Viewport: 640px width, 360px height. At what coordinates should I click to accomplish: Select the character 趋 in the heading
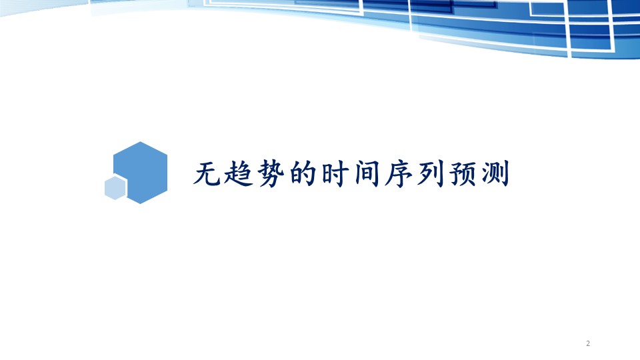click(x=239, y=173)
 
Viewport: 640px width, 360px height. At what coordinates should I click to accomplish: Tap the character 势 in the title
click(x=271, y=173)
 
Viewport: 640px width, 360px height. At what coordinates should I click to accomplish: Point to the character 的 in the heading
click(x=303, y=173)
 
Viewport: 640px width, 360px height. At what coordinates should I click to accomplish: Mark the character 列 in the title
click(x=431, y=173)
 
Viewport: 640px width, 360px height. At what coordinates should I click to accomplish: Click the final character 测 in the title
click(x=495, y=173)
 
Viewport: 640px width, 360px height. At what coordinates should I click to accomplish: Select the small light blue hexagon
click(x=115, y=188)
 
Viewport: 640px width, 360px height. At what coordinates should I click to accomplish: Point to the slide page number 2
click(x=588, y=343)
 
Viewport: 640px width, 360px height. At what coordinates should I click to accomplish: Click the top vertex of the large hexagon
click(x=141, y=141)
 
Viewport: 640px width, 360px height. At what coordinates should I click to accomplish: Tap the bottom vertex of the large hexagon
click(x=141, y=204)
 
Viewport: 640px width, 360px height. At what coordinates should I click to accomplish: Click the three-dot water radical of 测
click(x=485, y=174)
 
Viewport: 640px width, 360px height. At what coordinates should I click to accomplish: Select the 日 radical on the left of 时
click(x=327, y=173)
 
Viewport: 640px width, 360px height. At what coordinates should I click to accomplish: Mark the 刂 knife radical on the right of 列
click(x=438, y=173)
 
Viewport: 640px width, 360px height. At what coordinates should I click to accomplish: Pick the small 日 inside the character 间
click(x=367, y=176)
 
